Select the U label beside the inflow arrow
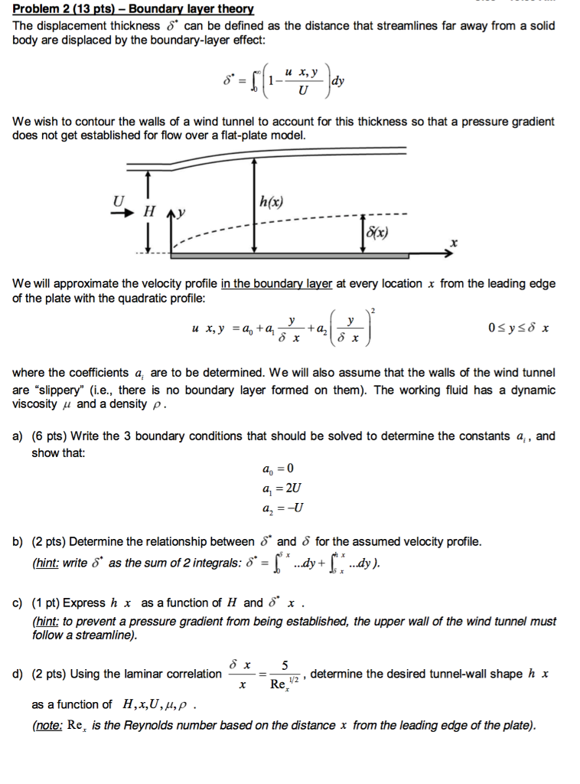click(119, 201)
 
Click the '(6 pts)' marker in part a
click(50, 436)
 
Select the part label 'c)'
click(19, 603)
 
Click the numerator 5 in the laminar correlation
click(285, 665)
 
